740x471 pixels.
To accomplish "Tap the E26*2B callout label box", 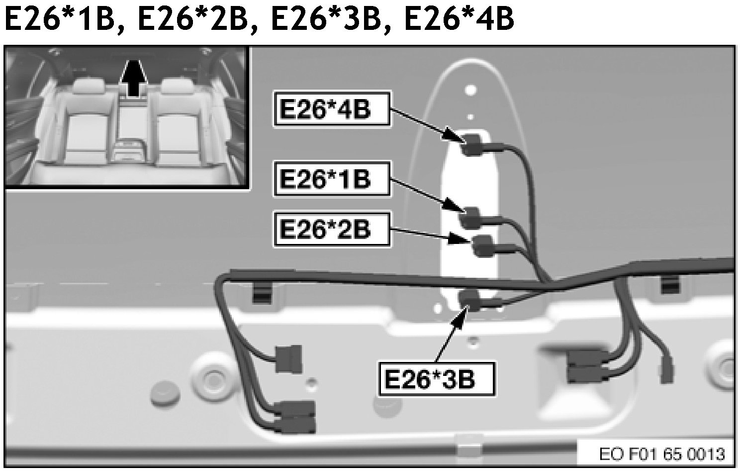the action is click(331, 229).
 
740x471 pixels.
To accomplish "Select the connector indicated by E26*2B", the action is click(482, 245).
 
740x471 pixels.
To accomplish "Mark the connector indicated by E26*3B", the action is click(469, 300).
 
